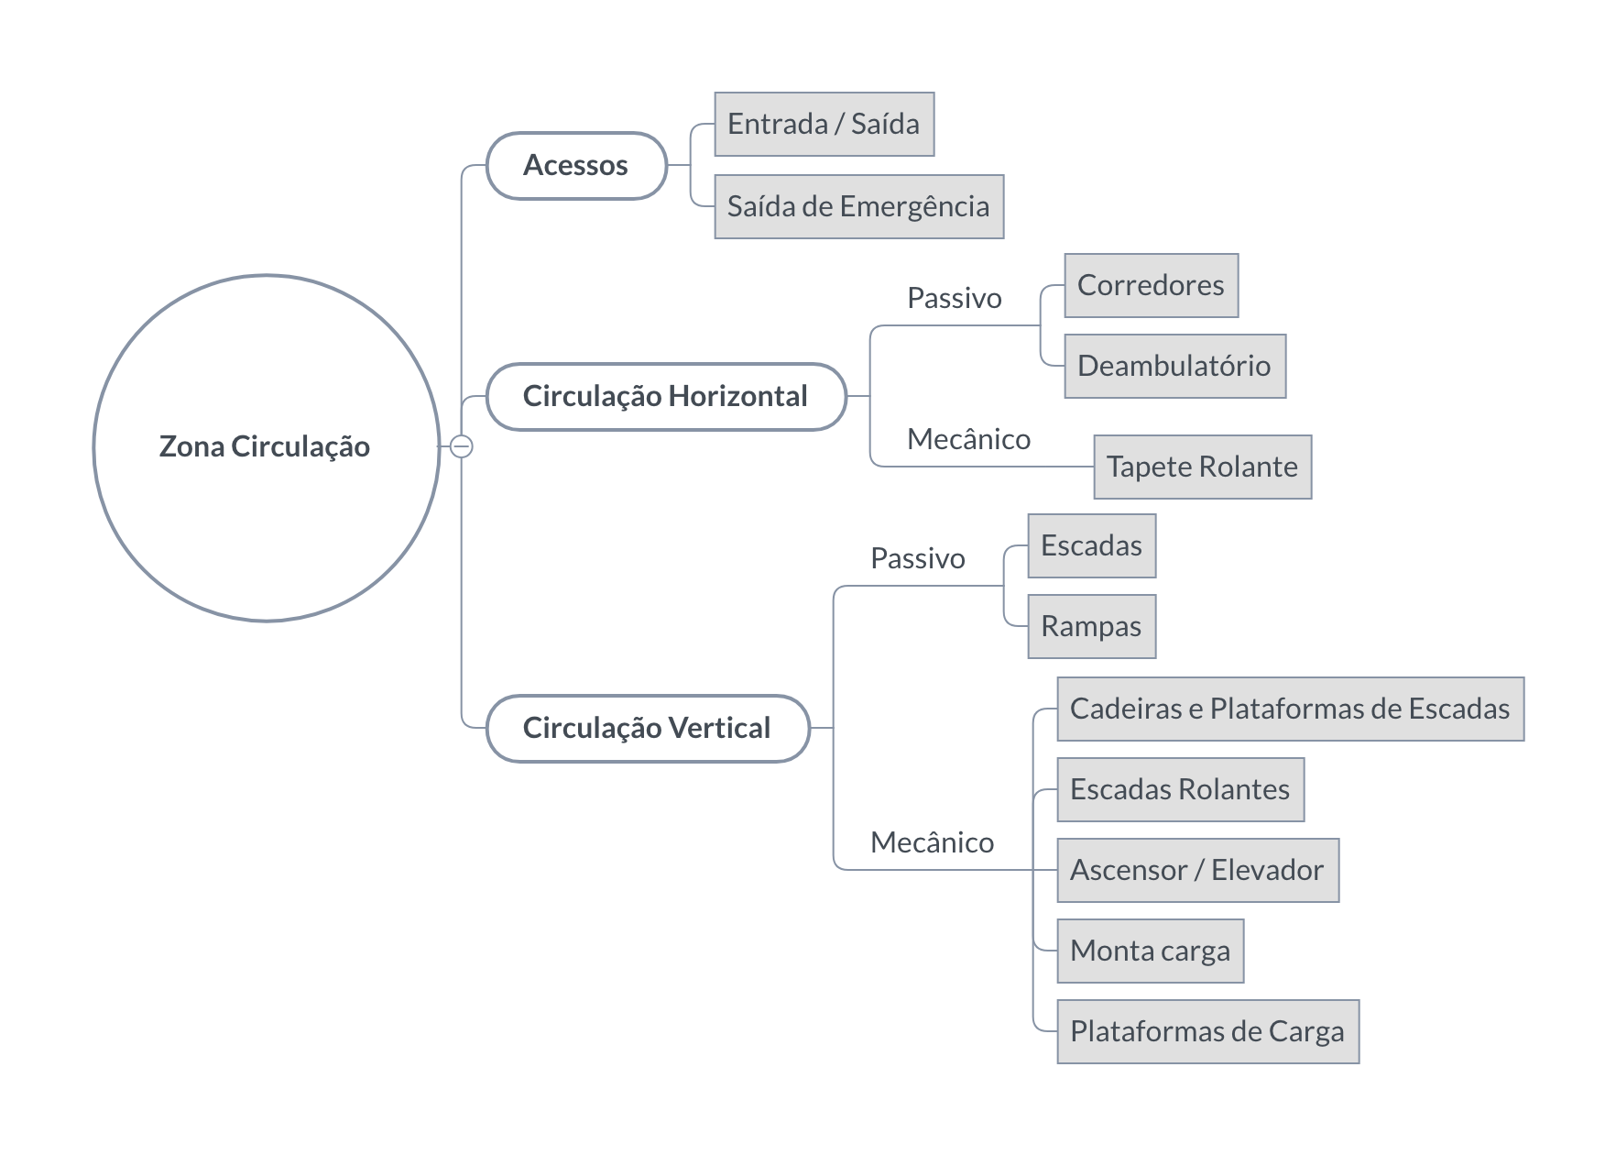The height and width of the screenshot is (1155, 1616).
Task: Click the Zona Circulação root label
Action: (265, 446)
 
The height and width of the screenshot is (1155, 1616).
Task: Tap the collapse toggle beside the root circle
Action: (462, 446)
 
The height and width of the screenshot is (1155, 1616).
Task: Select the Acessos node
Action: (576, 166)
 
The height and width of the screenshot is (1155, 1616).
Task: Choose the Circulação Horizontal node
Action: (666, 397)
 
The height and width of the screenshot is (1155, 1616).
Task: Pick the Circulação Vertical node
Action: (648, 729)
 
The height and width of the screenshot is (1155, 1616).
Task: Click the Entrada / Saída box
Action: (824, 124)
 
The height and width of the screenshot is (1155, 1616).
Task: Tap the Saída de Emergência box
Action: (859, 206)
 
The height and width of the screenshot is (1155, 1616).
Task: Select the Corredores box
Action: (1152, 285)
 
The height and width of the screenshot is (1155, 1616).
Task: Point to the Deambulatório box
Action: (1175, 366)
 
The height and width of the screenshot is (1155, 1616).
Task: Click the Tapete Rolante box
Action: (1203, 467)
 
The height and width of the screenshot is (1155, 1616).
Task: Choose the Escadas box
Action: (1092, 545)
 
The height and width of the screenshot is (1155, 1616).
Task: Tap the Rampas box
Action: (1092, 626)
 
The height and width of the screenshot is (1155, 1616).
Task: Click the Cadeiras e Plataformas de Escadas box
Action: (1291, 709)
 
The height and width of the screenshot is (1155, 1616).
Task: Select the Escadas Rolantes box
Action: (1181, 789)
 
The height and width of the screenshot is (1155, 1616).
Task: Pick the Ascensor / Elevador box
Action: (1198, 870)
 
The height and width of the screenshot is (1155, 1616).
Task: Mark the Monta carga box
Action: (1151, 951)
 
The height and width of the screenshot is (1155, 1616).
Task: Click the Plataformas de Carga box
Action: (1208, 1031)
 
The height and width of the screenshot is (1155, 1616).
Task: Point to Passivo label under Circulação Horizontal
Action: (955, 298)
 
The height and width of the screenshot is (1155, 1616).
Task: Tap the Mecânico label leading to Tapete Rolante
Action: (969, 439)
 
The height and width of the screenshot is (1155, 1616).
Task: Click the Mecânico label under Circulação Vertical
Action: (933, 842)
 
